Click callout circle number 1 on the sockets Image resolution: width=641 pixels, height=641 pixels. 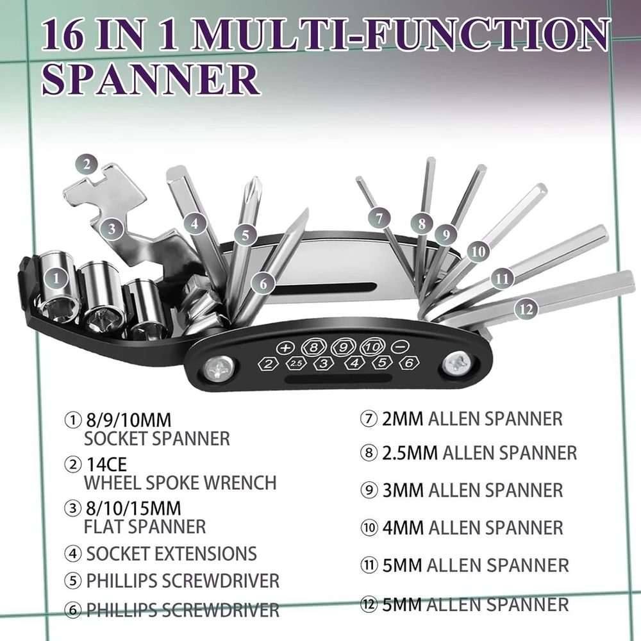tap(56, 278)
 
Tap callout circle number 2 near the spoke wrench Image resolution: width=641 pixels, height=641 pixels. tap(87, 165)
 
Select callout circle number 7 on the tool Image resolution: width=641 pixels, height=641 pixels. tap(379, 219)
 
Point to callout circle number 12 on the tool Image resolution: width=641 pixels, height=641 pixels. tap(526, 309)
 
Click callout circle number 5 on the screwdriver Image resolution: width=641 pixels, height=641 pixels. tap(246, 235)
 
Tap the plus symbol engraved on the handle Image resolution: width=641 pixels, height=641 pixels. tap(285, 348)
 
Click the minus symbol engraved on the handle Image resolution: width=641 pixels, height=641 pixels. tap(400, 347)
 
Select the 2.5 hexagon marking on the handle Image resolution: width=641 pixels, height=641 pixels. tap(296, 363)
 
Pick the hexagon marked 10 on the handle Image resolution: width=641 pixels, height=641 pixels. tap(373, 347)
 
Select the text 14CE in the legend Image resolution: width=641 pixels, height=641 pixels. tap(106, 464)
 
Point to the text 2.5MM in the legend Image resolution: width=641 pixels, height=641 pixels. tap(410, 453)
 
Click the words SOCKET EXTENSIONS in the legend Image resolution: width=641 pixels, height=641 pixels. tap(171, 554)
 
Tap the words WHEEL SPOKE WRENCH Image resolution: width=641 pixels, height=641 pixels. tap(180, 483)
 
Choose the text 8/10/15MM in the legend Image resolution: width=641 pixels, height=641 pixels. tap(133, 508)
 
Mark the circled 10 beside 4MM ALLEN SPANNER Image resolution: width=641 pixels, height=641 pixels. tap(369, 528)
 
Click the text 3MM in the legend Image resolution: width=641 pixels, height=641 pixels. tap(403, 490)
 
